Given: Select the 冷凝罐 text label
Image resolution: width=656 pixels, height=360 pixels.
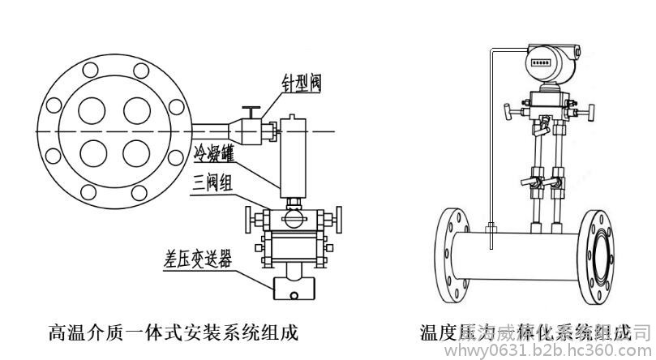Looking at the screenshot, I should point(214,152).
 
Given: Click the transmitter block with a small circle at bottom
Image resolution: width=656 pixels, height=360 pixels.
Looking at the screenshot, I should point(294,287).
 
